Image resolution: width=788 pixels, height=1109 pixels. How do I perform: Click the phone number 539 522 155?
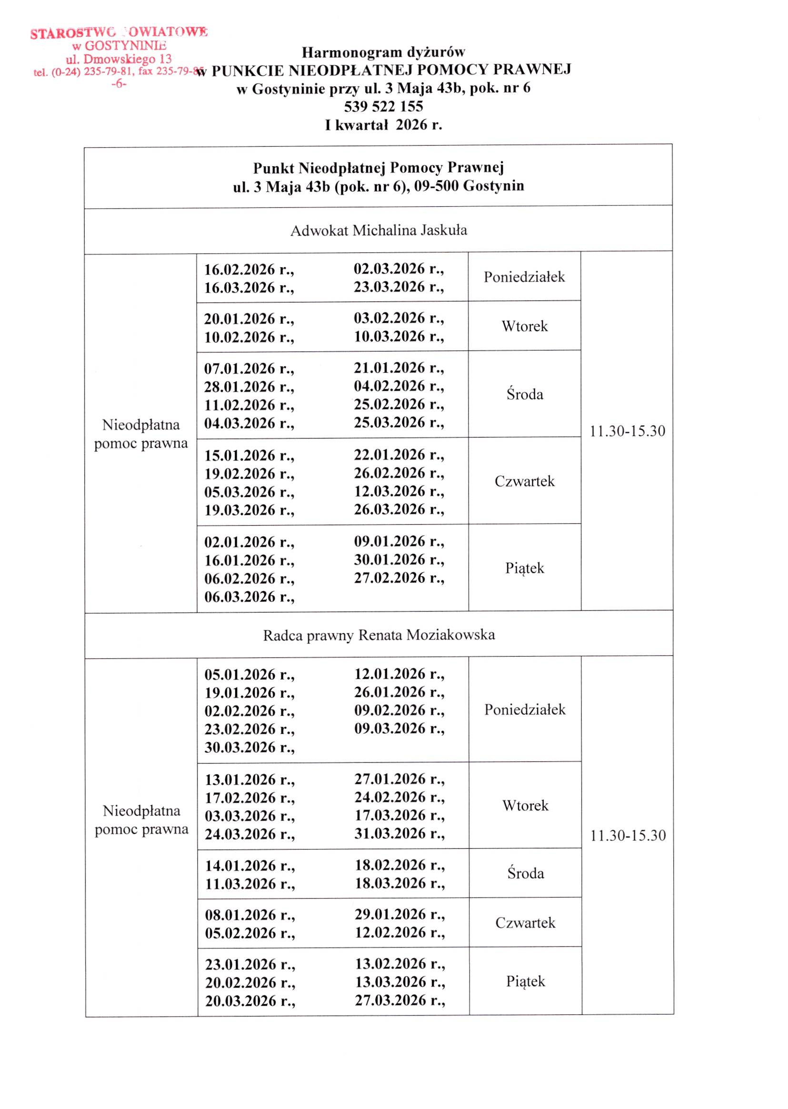pos(383,106)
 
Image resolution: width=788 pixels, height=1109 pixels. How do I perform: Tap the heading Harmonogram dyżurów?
pos(383,52)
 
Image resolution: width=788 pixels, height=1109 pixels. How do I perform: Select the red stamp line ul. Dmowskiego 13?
pos(119,59)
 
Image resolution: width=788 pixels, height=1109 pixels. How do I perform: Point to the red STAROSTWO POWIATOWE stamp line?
pos(119,33)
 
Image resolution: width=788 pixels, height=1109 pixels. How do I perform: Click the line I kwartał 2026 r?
pos(383,125)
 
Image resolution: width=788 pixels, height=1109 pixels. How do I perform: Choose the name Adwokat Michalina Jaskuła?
pos(379,230)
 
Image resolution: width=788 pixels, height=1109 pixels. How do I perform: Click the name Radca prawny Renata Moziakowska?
pos(379,635)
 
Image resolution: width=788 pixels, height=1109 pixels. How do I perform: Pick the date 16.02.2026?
pos(249,269)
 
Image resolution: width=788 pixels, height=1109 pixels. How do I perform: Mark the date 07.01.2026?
pos(249,368)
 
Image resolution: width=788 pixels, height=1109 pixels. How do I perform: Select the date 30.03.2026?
pos(249,747)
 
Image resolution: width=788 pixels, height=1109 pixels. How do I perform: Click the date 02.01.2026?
pos(249,542)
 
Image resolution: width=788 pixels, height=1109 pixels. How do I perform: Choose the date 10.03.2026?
pos(399,336)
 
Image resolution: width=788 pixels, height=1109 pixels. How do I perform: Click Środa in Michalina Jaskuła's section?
pos(525,394)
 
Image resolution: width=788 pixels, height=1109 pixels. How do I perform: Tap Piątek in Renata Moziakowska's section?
pos(526,981)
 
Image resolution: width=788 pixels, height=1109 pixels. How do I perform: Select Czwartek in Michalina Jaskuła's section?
pos(525,481)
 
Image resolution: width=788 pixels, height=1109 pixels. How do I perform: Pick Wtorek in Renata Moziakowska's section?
pos(525,805)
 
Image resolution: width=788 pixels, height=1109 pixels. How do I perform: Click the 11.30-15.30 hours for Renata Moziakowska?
pos(628,835)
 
